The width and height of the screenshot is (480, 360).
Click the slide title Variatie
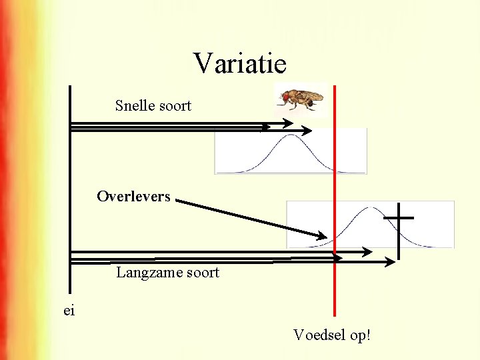pos(240,64)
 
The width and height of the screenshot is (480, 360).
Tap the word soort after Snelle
pos(175,105)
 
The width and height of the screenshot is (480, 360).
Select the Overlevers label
pos(133,197)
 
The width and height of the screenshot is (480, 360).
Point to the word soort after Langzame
pos(202,273)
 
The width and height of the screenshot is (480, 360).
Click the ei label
pos(70,311)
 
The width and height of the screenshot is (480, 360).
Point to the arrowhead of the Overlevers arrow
pos(322,236)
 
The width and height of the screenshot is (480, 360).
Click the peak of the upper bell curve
pos(290,136)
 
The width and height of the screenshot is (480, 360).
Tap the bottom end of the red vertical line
pos(335,314)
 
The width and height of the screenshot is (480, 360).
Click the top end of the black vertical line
pos(70,87)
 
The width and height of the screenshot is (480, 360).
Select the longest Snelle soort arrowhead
pos(309,129)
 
